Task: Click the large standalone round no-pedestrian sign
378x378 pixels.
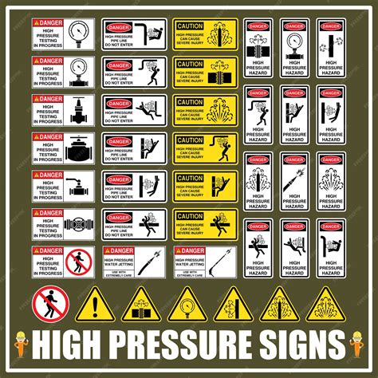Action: tap(49, 303)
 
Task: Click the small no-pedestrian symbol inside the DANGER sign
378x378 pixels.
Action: tap(77, 261)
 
